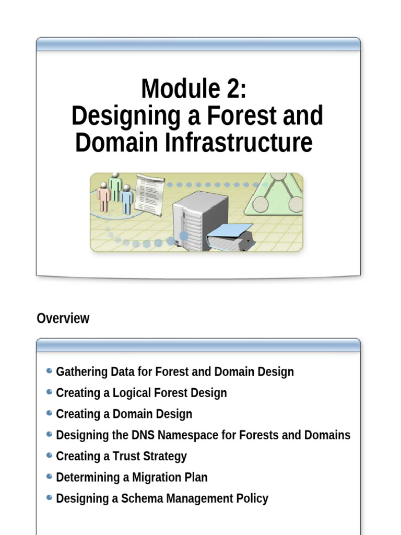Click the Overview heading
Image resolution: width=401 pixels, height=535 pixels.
pyautogui.click(x=63, y=318)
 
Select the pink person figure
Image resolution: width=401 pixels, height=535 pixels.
pyautogui.click(x=103, y=197)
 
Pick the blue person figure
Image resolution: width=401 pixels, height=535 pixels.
pyautogui.click(x=127, y=200)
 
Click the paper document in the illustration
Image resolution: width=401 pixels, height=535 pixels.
pyautogui.click(x=149, y=194)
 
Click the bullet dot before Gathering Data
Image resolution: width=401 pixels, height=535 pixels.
pyautogui.click(x=49, y=371)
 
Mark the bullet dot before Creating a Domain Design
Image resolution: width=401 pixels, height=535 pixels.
pyautogui.click(x=49, y=413)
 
